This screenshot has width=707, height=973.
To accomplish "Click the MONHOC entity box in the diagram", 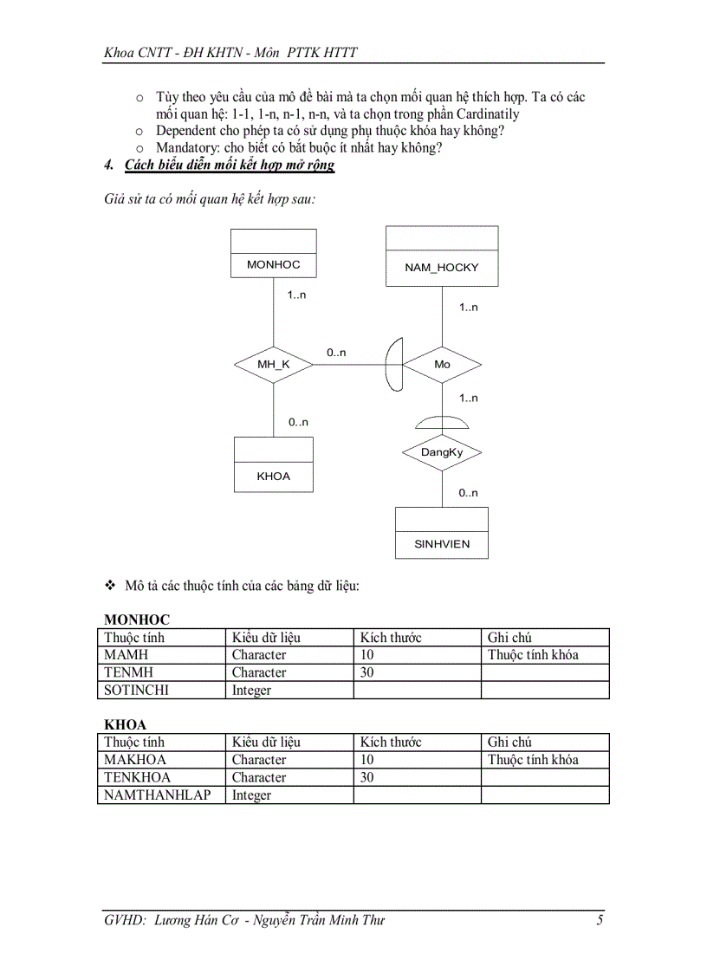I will click(x=273, y=253).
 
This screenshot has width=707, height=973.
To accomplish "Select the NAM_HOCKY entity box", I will click(x=441, y=256).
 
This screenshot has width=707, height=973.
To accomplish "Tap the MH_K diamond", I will click(x=273, y=365).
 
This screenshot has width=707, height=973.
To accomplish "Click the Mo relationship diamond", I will click(x=442, y=365).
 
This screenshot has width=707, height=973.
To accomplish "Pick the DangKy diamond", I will click(x=442, y=452).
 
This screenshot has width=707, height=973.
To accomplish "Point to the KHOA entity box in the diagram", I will click(x=273, y=464).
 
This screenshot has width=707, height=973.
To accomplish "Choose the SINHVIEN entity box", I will click(x=442, y=532).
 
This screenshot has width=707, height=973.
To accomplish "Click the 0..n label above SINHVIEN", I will click(x=468, y=493).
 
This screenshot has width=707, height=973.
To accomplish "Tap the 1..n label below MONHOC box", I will click(x=296, y=295).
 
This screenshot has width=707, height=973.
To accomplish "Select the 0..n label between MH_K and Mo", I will click(x=336, y=353).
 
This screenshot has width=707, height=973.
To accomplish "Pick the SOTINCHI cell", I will click(x=137, y=691).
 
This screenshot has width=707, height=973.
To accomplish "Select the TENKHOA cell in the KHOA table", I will click(x=138, y=777).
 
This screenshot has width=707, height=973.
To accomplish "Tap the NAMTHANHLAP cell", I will click(x=157, y=795).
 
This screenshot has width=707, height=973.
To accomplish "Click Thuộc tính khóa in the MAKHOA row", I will click(x=533, y=760).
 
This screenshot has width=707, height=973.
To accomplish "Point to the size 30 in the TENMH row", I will click(x=367, y=672).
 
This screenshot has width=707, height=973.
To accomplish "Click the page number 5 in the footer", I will click(x=600, y=920).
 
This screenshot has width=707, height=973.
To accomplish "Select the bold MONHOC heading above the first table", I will click(x=137, y=619).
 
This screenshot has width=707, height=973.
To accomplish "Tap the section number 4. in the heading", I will click(x=108, y=165).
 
